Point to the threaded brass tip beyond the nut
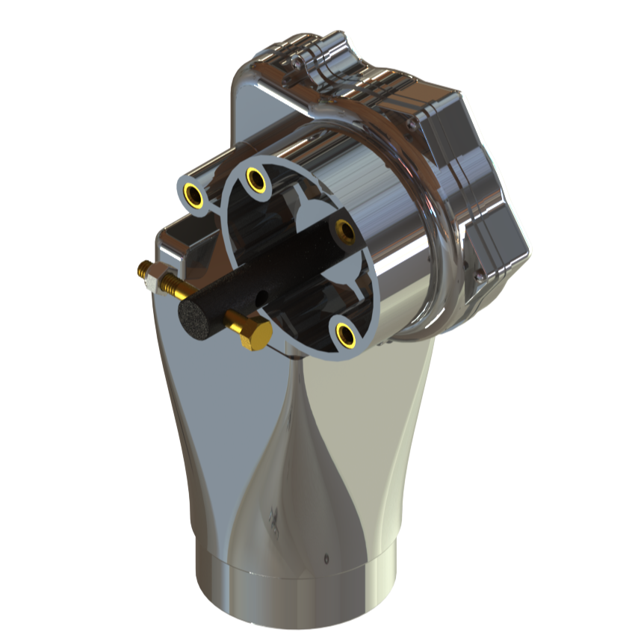141,268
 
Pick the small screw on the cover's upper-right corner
413,126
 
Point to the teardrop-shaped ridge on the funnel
291,463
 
